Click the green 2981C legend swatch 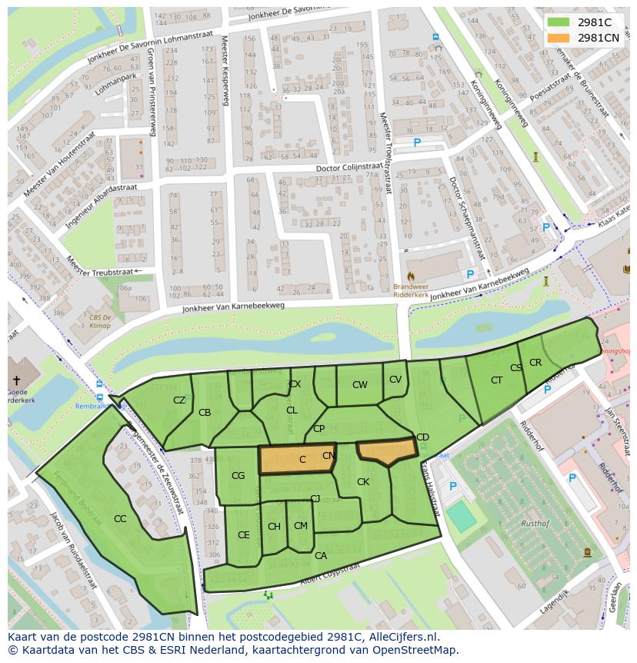coord(559,22)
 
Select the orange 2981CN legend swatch coord(559,38)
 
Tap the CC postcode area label coord(120,519)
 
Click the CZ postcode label coord(179,400)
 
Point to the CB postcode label coord(205,413)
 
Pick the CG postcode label coord(238,476)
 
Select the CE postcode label coord(243,535)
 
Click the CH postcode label coord(274,527)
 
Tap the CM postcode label coord(301,526)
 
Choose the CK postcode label coord(363,482)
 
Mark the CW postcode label coord(359,385)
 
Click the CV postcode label coord(395,379)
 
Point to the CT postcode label coord(496,380)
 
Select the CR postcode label coord(535,363)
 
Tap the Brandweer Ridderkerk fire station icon coord(411,275)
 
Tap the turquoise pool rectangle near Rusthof coord(462,517)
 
